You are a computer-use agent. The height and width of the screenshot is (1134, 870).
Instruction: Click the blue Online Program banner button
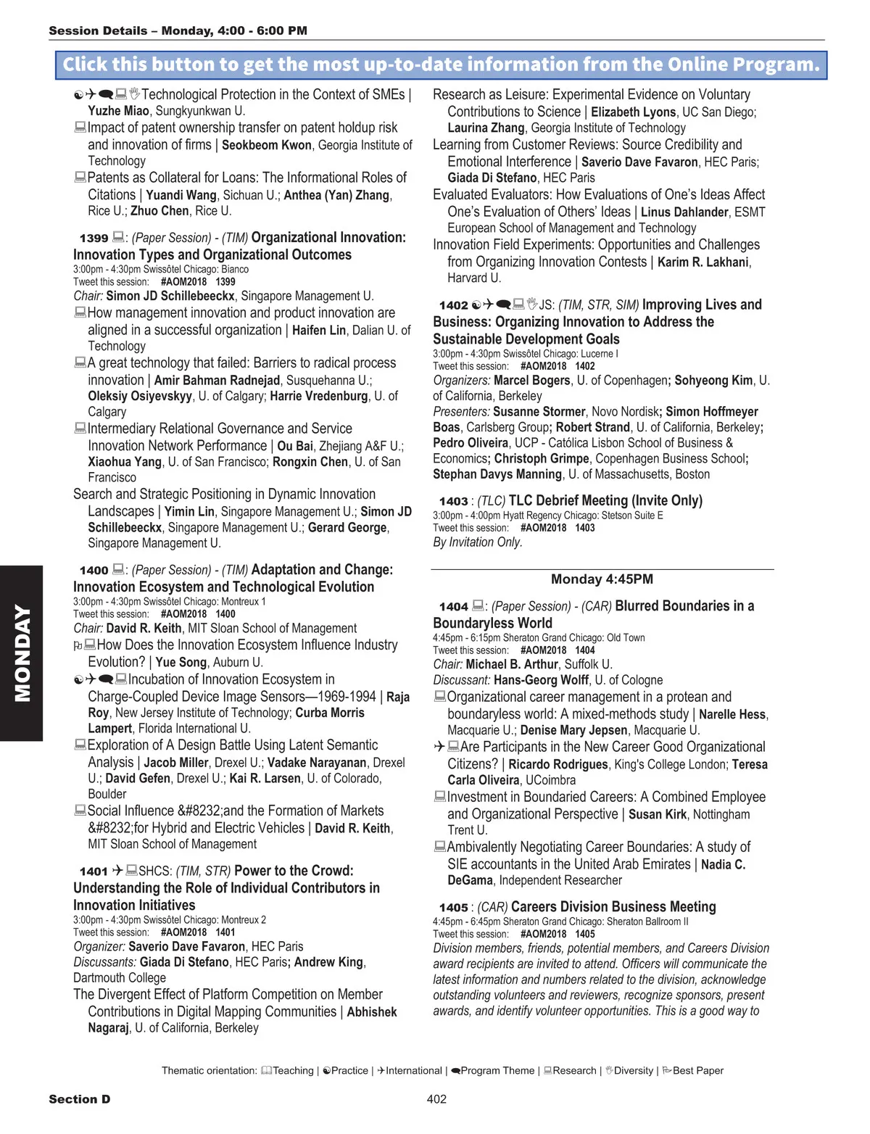point(441,65)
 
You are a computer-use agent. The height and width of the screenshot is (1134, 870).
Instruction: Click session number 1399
point(94,238)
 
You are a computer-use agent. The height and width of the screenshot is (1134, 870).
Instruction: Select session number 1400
point(94,571)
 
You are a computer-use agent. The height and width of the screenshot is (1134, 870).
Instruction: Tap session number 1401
point(94,872)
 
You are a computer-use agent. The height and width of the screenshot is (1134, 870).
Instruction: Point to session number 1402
point(453,305)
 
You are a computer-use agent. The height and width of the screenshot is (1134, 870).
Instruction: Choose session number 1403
point(453,501)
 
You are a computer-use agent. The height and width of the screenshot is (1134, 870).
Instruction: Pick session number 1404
point(453,607)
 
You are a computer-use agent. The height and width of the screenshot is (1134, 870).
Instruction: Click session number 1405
point(453,908)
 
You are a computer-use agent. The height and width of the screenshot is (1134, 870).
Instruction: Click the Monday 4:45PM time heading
point(602,579)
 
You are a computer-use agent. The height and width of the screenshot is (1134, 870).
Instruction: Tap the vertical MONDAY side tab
point(22,653)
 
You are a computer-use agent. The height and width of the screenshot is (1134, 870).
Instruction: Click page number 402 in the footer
point(436,1099)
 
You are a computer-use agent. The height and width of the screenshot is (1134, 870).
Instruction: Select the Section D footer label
point(80,1099)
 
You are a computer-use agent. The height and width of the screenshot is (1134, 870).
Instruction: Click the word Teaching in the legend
point(293,1071)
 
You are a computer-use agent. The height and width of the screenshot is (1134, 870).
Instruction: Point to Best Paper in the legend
point(697,1071)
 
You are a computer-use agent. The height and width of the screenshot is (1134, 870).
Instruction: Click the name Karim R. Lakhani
point(704,262)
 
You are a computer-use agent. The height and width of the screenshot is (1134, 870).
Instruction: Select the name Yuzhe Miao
point(118,111)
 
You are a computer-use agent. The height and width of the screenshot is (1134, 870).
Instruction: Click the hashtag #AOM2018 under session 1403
point(543,528)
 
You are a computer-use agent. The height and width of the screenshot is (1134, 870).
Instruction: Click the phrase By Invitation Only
point(477,542)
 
